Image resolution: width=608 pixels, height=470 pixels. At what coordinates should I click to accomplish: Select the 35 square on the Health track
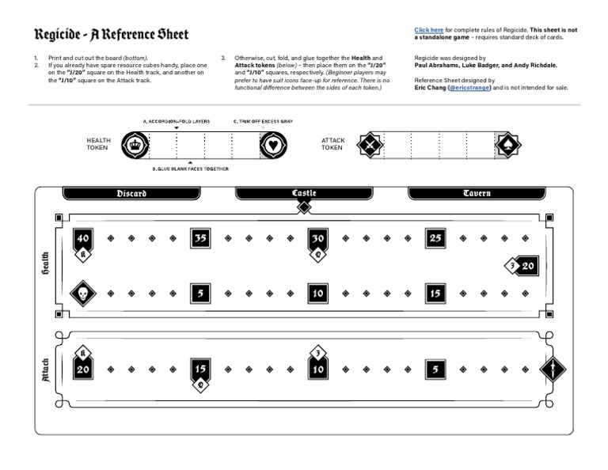click(200, 238)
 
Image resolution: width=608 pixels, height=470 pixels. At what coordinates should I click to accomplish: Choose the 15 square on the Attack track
click(200, 369)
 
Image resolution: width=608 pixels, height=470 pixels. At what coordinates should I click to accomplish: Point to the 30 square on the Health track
click(318, 238)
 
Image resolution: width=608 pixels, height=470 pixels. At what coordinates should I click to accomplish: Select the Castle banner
click(304, 193)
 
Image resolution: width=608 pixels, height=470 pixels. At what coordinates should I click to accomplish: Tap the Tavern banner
click(477, 193)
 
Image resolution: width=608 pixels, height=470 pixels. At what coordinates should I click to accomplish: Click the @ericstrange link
click(469, 88)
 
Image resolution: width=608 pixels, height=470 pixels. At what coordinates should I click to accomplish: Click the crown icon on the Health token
click(139, 144)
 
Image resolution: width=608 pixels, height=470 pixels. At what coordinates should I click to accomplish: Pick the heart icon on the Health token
click(273, 144)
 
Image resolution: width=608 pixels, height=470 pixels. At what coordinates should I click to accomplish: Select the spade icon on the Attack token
click(507, 144)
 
